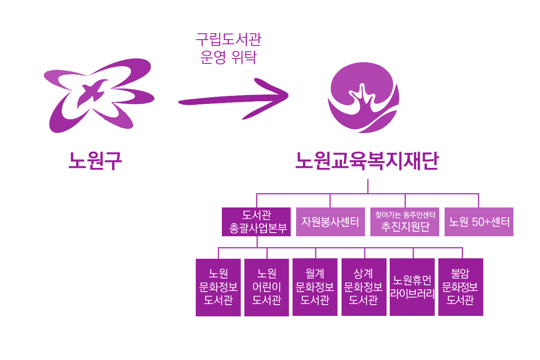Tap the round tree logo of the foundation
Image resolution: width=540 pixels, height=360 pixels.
pyautogui.click(x=363, y=97)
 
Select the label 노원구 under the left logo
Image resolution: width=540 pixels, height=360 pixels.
pyautogui.click(x=95, y=161)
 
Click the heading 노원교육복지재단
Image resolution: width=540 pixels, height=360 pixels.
pyautogui.click(x=367, y=161)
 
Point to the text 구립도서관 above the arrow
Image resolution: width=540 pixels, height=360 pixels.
pyautogui.click(x=229, y=39)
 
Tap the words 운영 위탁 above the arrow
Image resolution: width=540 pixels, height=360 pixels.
pyautogui.click(x=228, y=58)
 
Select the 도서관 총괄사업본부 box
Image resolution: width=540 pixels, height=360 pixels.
pyautogui.click(x=256, y=221)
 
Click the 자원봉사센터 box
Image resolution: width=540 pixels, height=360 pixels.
pyautogui.click(x=330, y=221)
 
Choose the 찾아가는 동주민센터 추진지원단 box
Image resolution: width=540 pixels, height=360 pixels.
pyautogui.click(x=405, y=221)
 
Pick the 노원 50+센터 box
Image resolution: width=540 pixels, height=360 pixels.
pyautogui.click(x=479, y=221)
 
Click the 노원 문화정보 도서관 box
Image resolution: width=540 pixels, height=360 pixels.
pyautogui.click(x=218, y=287)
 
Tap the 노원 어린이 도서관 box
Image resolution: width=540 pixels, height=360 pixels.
pyautogui.click(x=266, y=287)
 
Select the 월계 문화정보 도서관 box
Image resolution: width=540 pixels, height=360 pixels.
pyautogui.click(x=315, y=287)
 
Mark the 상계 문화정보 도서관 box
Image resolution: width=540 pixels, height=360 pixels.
pyautogui.click(x=364, y=287)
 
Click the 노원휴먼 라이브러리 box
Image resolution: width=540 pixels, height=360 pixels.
pyautogui.click(x=412, y=287)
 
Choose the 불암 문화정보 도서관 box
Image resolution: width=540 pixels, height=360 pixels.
pyautogui.click(x=461, y=287)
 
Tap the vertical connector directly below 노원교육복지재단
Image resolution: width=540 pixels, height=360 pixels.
pyautogui.click(x=368, y=186)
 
